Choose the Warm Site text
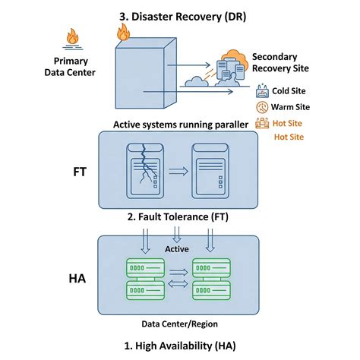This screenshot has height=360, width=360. point(290,107)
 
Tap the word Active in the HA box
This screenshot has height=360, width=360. point(177,248)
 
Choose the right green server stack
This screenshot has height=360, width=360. point(212,278)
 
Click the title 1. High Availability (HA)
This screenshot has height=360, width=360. point(179,346)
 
